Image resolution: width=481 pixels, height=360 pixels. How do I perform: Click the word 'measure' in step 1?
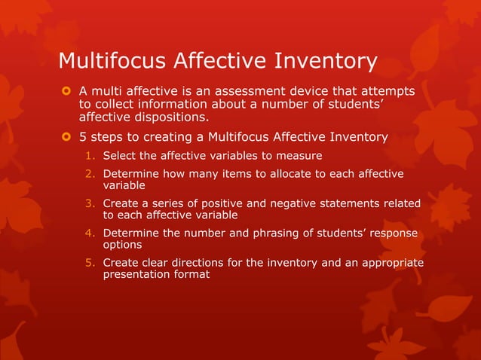301,156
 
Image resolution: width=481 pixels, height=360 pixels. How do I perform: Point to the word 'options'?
123,245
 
